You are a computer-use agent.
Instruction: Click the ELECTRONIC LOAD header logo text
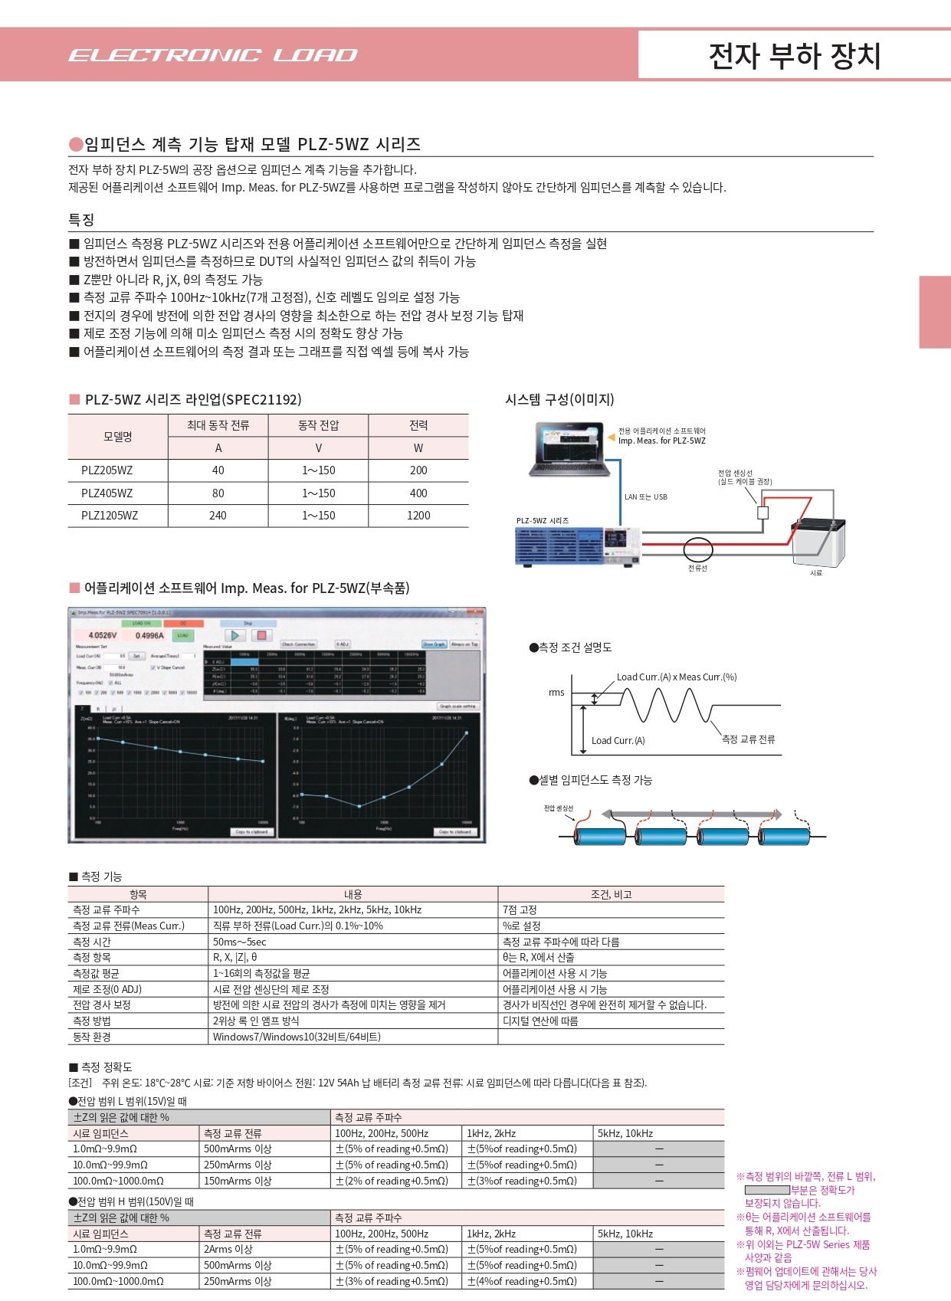(x=213, y=55)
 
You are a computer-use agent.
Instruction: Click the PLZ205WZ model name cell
(x=107, y=470)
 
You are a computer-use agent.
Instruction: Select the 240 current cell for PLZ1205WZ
(x=218, y=516)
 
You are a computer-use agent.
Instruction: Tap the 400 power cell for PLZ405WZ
(x=418, y=493)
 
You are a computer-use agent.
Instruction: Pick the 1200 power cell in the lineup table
(x=418, y=516)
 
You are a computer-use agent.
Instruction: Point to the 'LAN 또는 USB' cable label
(x=645, y=497)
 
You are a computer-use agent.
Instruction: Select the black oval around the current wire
(x=698, y=549)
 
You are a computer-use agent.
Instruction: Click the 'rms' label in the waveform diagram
(x=556, y=693)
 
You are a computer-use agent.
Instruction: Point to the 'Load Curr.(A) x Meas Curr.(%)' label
(x=677, y=677)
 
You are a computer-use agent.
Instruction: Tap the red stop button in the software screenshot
(x=261, y=635)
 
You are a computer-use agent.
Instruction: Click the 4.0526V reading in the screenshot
(x=103, y=635)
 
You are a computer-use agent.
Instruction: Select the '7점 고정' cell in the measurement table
(x=520, y=910)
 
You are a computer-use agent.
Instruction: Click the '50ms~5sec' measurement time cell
(x=240, y=942)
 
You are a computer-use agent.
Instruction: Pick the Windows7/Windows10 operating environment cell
(x=297, y=1037)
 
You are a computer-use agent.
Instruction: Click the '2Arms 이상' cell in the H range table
(x=228, y=1249)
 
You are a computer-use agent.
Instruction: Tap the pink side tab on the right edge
(x=935, y=312)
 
